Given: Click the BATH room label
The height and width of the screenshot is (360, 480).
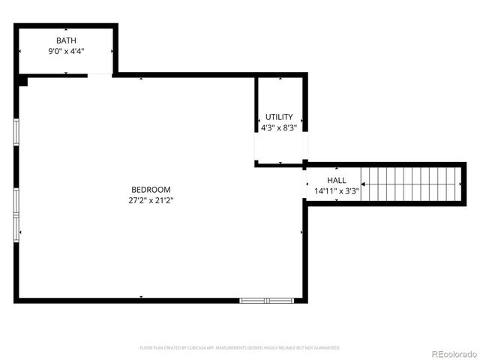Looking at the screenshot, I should coord(65,40).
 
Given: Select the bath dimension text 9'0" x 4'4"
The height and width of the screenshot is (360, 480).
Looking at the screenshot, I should coord(65,51).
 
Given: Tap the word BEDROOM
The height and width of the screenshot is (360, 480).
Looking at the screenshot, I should coord(151,190).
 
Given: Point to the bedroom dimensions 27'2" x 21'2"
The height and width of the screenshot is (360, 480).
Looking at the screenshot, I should coord(151,200).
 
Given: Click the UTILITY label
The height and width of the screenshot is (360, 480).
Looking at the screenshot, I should coord(279,117).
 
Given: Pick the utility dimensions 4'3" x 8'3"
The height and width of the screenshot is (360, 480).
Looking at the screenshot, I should coord(279,127).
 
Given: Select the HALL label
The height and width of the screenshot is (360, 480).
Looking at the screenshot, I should coord(336,181).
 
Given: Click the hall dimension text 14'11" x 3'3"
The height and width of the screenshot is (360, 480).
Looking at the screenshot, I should coord(336,191).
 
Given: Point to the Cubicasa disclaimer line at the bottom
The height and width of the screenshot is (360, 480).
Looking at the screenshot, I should coord(240,348).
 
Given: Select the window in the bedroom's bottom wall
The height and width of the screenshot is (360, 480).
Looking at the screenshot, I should coord(265,300).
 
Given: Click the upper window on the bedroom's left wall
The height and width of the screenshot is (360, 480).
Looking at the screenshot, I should coord(16,131).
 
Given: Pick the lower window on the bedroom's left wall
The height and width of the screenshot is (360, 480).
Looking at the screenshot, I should coord(16,214).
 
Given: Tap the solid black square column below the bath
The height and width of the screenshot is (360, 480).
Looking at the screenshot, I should coord(22,80).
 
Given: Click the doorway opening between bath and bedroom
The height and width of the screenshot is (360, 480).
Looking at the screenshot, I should coord(100,74).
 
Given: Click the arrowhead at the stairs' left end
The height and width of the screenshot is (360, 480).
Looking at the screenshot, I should coord(364,184).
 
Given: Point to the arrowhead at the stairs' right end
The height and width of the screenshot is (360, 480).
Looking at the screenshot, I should coord(458,184).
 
